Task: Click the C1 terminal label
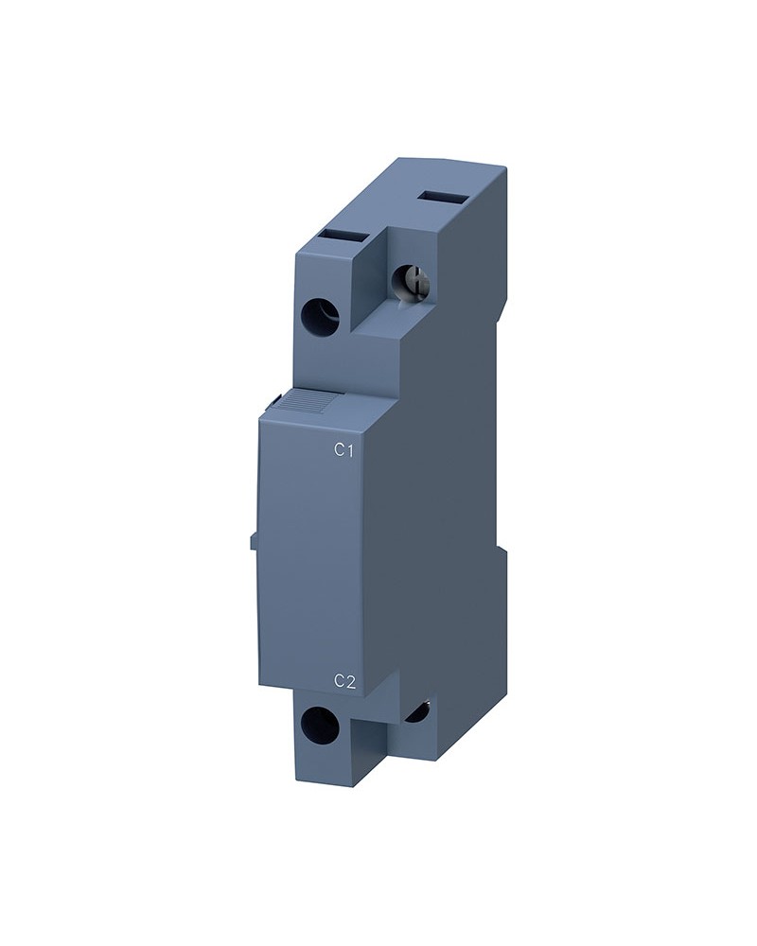(343, 450)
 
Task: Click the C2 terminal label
(344, 681)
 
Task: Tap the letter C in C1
(340, 450)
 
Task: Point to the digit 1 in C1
(349, 450)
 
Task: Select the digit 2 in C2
(350, 681)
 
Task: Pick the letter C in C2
(340, 681)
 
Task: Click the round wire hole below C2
(318, 724)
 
